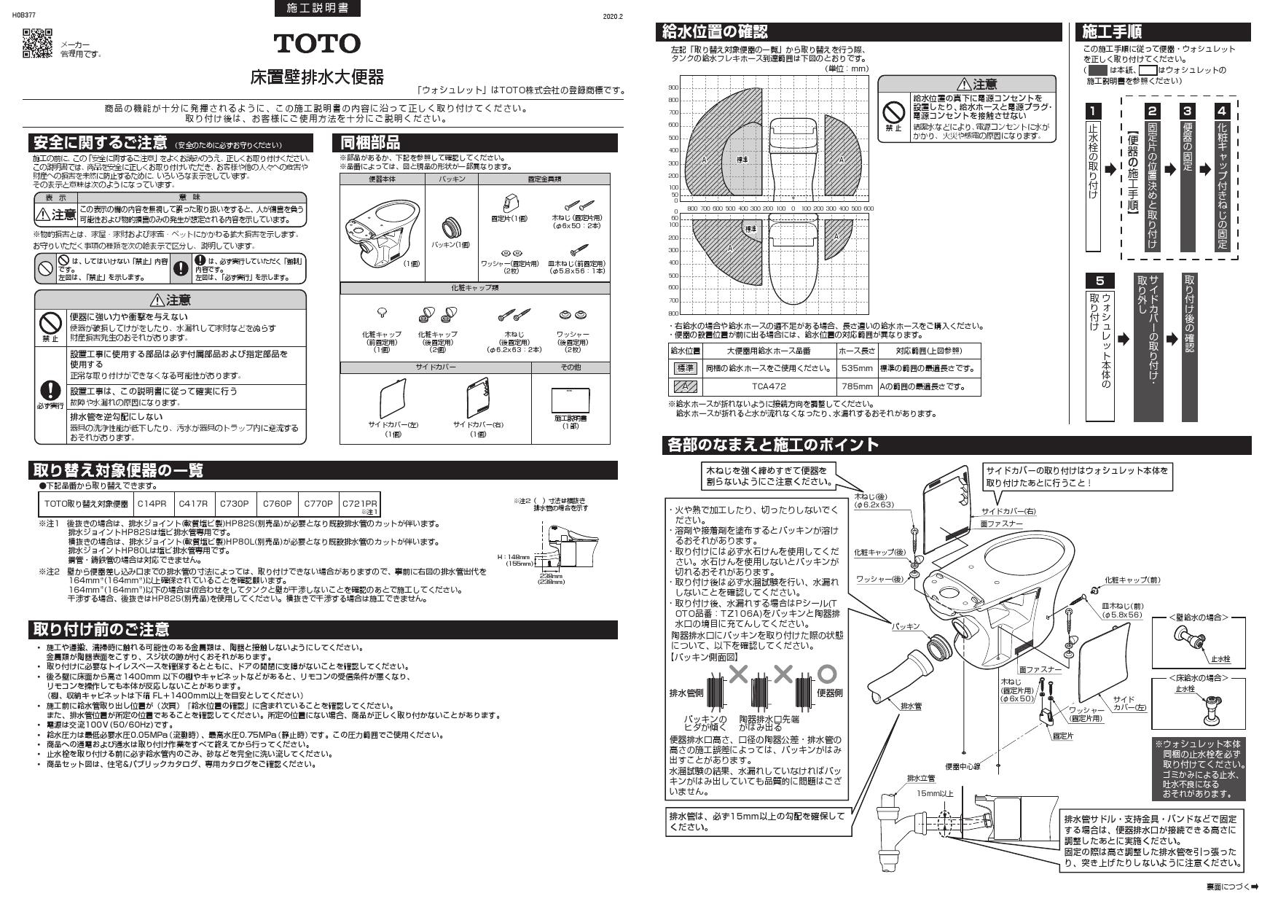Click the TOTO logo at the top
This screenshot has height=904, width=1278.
[x=317, y=44]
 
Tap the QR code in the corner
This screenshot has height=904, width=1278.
[x=37, y=43]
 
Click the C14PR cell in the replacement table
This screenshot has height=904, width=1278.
[x=152, y=504]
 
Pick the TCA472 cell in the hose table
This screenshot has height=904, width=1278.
[x=769, y=386]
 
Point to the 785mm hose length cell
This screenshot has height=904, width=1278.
[x=856, y=386]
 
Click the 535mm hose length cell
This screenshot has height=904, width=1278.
[x=856, y=368]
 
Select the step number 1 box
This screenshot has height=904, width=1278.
[x=1093, y=111]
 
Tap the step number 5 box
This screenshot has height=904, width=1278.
[x=1099, y=281]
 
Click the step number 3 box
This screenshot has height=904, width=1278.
[x=1188, y=111]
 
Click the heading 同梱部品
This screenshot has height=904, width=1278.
[x=371, y=143]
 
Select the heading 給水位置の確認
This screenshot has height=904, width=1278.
[x=714, y=32]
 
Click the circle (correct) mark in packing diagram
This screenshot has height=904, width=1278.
[x=827, y=673]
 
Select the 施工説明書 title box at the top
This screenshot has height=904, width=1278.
[x=318, y=9]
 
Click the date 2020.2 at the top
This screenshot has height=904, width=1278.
[x=613, y=16]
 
